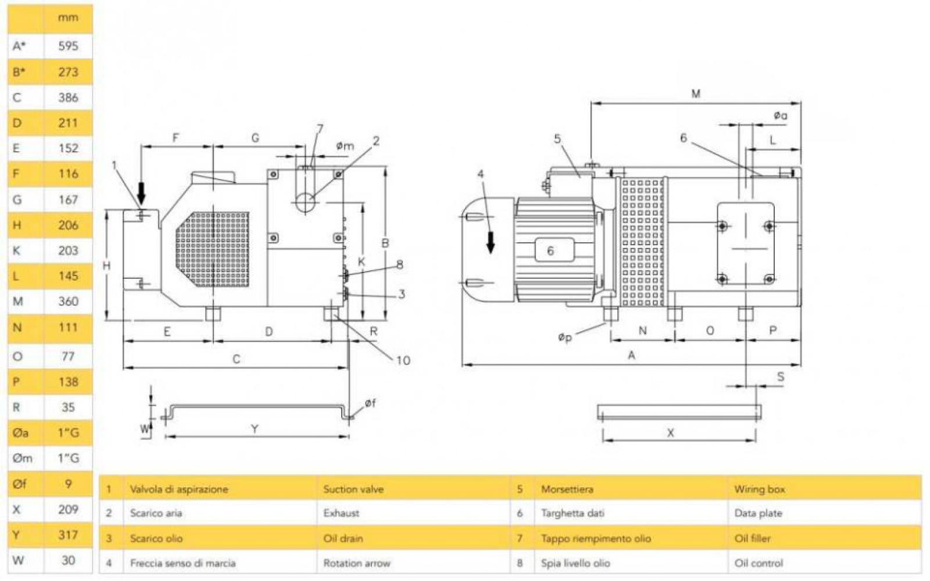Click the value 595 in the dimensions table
pos(68,46)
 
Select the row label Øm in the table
pos(22,458)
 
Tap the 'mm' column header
pos(68,17)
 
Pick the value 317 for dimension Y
pos(68,535)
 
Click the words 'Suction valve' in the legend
pos(353,489)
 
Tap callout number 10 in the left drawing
pos(403,360)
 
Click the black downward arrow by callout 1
pos(141,192)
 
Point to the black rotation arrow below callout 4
pos(491,242)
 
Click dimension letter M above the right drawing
pos(696,94)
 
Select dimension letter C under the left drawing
pos(236,359)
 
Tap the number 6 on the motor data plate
pos(550,250)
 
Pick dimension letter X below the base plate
pos(670,433)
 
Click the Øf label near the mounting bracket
pos(370,403)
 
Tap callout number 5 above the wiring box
pos(557,139)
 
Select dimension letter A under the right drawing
pos(631,355)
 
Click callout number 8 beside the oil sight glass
pos(399,265)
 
